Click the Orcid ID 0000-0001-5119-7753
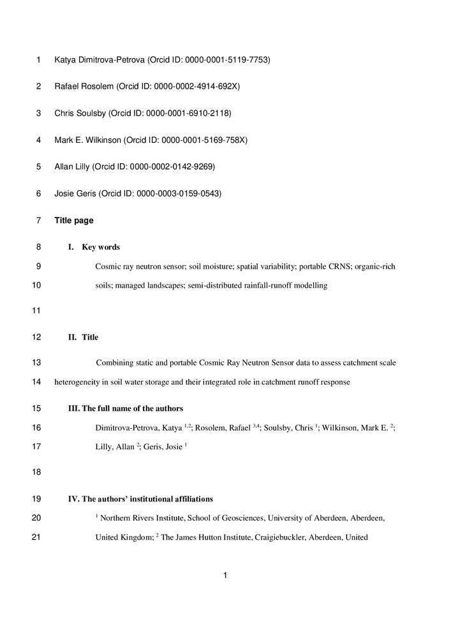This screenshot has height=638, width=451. pyautogui.click(x=227, y=60)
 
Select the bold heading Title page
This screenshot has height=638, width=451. pyautogui.click(x=74, y=221)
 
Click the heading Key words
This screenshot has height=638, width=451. pyautogui.click(x=101, y=248)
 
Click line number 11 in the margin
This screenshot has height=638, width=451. pyautogui.click(x=36, y=311)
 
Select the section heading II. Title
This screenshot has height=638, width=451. pyautogui.click(x=84, y=338)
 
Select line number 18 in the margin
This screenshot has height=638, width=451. pyautogui.click(x=36, y=472)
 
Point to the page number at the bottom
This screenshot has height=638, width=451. pyautogui.click(x=225, y=576)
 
